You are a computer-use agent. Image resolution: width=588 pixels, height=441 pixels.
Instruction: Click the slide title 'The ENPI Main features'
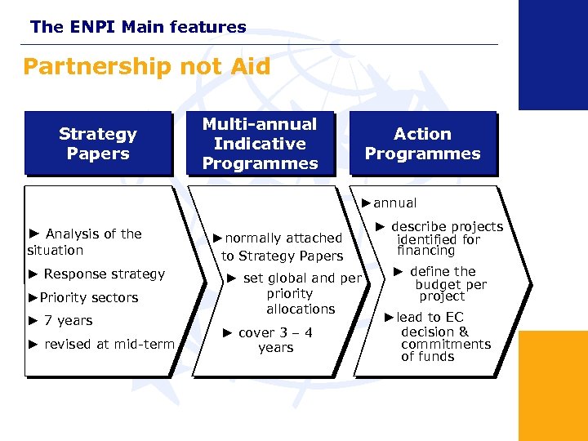pyautogui.click(x=138, y=27)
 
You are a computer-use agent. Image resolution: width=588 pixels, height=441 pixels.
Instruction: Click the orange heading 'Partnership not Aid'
pyautogui.click(x=146, y=66)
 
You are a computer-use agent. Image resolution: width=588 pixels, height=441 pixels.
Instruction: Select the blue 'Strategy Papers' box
pyautogui.click(x=98, y=144)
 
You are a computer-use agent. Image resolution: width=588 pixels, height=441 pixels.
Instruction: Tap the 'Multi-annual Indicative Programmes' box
pyautogui.click(x=260, y=144)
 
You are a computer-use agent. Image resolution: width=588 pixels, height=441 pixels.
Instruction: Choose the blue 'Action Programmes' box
pyautogui.click(x=422, y=144)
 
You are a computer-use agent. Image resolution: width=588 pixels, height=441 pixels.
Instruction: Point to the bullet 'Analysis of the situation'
pyautogui.click(x=85, y=242)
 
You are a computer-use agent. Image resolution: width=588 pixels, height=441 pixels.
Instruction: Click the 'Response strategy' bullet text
pyautogui.click(x=96, y=274)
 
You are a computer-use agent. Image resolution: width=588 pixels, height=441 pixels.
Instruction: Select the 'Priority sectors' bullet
pyautogui.click(x=83, y=297)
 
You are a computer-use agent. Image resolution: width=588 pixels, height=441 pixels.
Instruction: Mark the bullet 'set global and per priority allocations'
pyautogui.click(x=295, y=293)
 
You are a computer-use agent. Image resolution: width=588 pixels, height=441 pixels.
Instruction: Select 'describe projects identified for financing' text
pyautogui.click(x=440, y=238)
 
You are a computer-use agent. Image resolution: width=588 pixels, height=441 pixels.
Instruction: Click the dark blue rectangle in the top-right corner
pyautogui.click(x=553, y=54)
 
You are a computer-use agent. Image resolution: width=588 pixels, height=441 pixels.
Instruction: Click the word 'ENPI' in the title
pyautogui.click(x=93, y=27)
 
